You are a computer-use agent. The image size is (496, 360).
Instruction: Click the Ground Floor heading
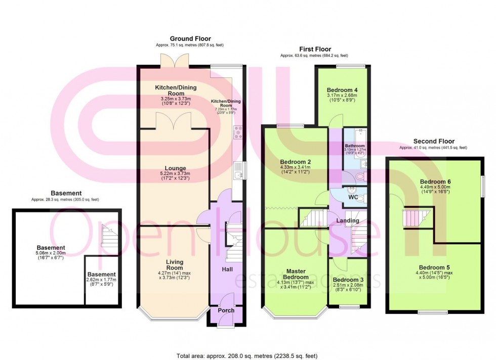(x=190, y=38)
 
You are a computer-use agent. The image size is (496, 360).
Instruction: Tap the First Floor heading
(x=315, y=49)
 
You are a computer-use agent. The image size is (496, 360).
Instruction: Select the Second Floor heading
(x=434, y=141)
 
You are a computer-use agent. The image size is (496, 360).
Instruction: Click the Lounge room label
(x=175, y=168)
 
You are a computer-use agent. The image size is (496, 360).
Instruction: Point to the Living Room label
(x=175, y=264)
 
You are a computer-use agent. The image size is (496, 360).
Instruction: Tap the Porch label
(x=226, y=310)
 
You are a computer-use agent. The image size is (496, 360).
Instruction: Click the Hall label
(x=227, y=269)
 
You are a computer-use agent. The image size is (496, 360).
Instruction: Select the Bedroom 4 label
(x=342, y=90)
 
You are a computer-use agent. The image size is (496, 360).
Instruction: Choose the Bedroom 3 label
(x=348, y=280)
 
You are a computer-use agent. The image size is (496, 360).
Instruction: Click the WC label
(x=353, y=197)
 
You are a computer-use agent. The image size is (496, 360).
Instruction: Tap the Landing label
(x=348, y=220)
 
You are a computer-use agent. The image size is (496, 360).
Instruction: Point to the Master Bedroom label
(x=296, y=274)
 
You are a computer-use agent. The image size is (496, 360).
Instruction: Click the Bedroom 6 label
(x=435, y=182)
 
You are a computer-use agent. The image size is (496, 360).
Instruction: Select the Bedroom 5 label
(x=434, y=267)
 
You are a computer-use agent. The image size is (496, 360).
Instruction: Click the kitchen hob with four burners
(x=238, y=133)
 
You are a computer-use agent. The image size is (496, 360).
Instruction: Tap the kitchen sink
(x=239, y=171)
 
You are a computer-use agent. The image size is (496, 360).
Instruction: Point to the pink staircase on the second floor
(x=416, y=218)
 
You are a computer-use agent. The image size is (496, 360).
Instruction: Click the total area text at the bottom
(x=247, y=356)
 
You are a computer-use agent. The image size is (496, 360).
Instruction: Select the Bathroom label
(x=355, y=146)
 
